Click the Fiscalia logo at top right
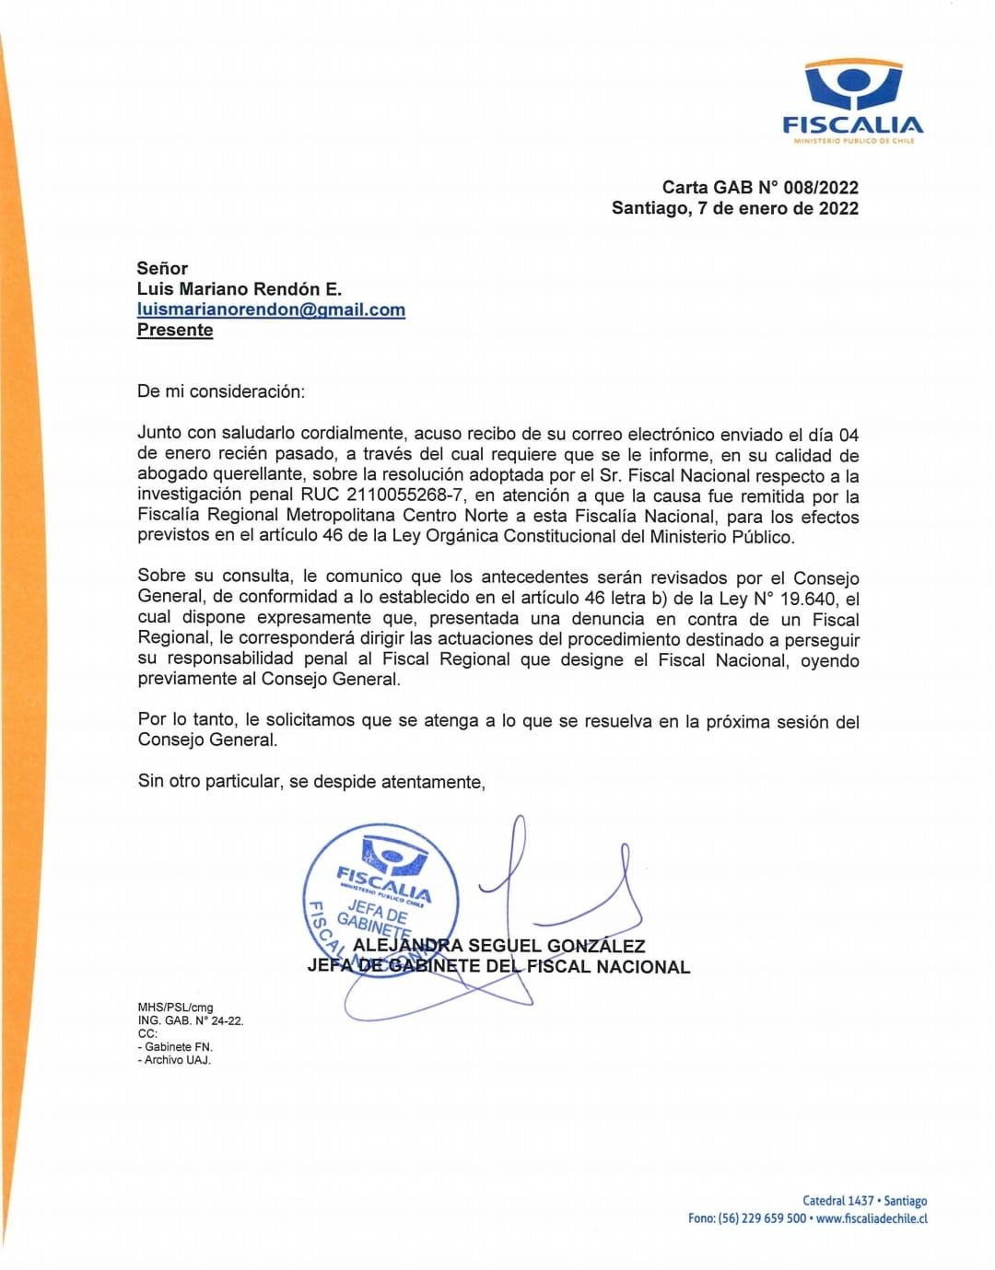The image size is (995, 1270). [852, 100]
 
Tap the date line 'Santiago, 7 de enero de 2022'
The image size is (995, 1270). [734, 208]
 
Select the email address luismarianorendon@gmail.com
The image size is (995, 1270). [271, 309]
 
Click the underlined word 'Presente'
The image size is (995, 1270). [175, 330]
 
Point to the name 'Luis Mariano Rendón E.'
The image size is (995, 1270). [240, 289]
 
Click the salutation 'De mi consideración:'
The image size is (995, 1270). [220, 391]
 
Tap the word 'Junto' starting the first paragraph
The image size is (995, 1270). [158, 433]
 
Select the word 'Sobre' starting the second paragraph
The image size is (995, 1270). [161, 577]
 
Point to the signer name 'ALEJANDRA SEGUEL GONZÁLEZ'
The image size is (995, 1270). [498, 946]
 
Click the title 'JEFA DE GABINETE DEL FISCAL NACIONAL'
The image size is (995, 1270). [498, 967]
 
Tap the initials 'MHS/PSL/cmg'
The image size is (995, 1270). [175, 1008]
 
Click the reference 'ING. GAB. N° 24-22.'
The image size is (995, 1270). [191, 1020]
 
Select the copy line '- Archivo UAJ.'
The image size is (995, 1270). [174, 1060]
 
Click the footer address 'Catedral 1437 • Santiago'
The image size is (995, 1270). [864, 1201]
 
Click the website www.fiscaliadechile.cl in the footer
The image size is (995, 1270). [872, 1218]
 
